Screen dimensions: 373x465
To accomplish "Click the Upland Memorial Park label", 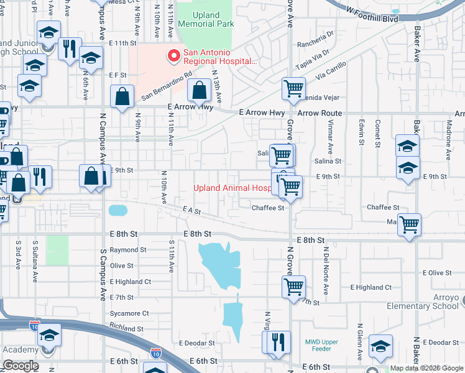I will tap(206, 19).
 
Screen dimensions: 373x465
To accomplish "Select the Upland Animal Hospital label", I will tap(231, 188).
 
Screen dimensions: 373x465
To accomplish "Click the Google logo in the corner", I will tap(20, 365).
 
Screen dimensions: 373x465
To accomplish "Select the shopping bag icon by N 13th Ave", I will tap(198, 91).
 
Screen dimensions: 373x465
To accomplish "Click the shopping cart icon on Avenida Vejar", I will tap(293, 88).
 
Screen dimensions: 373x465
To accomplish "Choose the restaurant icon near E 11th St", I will tap(70, 48).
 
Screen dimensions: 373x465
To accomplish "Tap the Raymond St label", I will tap(128, 250).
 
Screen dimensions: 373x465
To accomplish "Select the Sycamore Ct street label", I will tap(129, 313).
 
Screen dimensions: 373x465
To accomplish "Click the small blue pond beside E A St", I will tap(118, 210).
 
